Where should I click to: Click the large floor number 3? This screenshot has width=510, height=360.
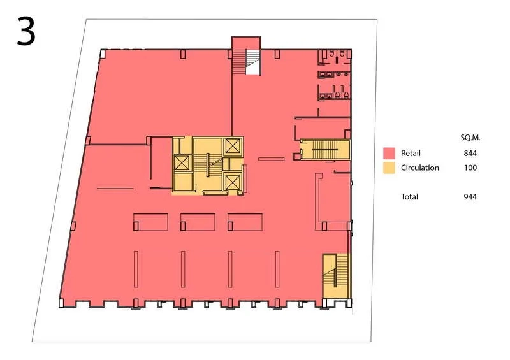pyautogui.click(x=26, y=31)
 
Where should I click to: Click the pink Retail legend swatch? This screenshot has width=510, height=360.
pyautogui.click(x=389, y=153)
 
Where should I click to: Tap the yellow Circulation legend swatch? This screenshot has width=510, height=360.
pyautogui.click(x=389, y=168)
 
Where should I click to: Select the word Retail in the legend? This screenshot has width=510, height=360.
pyautogui.click(x=411, y=153)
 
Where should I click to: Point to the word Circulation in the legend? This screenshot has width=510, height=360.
pyautogui.click(x=420, y=168)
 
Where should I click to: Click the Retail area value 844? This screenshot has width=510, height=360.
pyautogui.click(x=470, y=153)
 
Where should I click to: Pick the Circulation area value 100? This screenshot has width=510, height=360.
pyautogui.click(x=470, y=168)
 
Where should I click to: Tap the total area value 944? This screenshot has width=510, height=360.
pyautogui.click(x=470, y=197)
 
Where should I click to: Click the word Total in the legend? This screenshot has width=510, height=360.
pyautogui.click(x=409, y=197)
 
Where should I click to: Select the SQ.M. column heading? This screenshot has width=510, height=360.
pyautogui.click(x=470, y=138)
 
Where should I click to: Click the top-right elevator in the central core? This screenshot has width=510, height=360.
pyautogui.click(x=233, y=146)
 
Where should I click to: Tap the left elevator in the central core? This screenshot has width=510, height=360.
pyautogui.click(x=182, y=163)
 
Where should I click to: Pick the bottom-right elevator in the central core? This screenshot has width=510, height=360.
pyautogui.click(x=233, y=182)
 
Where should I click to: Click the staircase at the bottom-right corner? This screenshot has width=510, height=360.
pyautogui.click(x=336, y=275)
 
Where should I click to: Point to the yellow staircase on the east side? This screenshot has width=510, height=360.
pyautogui.click(x=325, y=150)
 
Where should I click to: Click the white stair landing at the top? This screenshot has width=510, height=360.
pyautogui.click(x=253, y=62)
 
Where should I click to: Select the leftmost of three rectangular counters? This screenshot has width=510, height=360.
pyautogui.click(x=150, y=222)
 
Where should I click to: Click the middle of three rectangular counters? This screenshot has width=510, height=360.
pyautogui.click(x=198, y=222)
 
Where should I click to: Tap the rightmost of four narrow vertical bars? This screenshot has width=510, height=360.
pyautogui.click(x=277, y=270)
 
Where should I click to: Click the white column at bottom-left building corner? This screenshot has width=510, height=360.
pyautogui.click(x=61, y=303)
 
